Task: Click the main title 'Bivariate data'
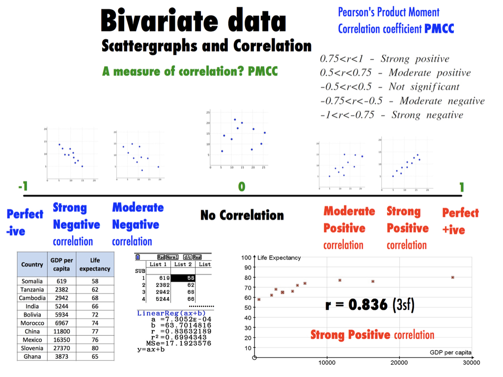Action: pyautogui.click(x=193, y=22)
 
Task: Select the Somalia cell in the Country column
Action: pyautogui.click(x=32, y=281)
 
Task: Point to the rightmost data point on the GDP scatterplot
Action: pyautogui.click(x=452, y=277)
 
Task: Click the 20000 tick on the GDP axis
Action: pyautogui.click(x=399, y=363)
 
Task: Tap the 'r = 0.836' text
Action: pyautogui.click(x=356, y=305)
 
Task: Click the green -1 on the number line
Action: pyautogui.click(x=22, y=187)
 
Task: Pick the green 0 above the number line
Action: pyautogui.click(x=241, y=187)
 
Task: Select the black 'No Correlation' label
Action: pyautogui.click(x=242, y=215)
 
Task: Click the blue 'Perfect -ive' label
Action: pyautogui.click(x=25, y=222)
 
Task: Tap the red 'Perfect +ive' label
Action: pyautogui.click(x=460, y=221)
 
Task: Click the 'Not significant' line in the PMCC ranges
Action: pyautogui.click(x=390, y=87)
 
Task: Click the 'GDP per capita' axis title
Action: pyautogui.click(x=450, y=352)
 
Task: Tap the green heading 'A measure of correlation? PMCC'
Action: pyautogui.click(x=190, y=72)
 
